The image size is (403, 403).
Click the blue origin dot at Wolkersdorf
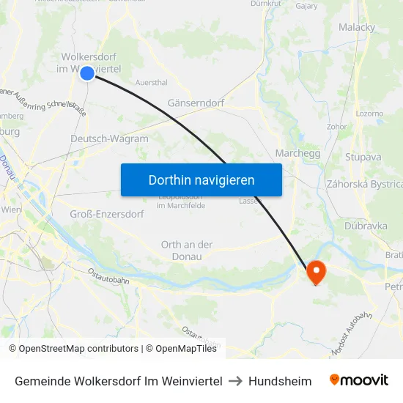86,73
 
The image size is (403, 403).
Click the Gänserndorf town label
196,103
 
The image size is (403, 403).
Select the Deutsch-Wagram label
109,138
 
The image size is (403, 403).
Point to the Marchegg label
297,153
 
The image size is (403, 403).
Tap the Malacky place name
357,27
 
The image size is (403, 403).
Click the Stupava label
363,157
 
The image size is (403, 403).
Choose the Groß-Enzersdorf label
107,214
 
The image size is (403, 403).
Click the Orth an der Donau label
187,251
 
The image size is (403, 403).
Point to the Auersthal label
152,83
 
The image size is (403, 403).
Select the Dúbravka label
366,226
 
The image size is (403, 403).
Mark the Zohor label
337,126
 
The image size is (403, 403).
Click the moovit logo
359,380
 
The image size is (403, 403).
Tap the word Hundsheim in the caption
280,381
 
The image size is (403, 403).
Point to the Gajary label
306,5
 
